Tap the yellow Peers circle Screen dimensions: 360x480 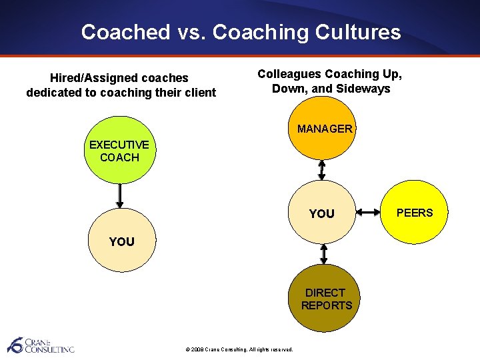coord(415,213)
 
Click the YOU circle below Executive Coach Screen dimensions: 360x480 coord(121,241)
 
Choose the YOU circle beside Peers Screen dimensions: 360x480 coord(323,213)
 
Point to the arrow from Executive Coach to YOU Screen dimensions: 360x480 coord(120,196)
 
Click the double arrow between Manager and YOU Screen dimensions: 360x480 coord(323,170)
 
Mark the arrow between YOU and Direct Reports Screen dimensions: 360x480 coord(324,253)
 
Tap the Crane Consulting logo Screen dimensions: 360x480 coord(40,345)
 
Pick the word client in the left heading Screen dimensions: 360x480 coord(200,93)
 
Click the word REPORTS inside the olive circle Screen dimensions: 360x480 coord(326,305)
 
